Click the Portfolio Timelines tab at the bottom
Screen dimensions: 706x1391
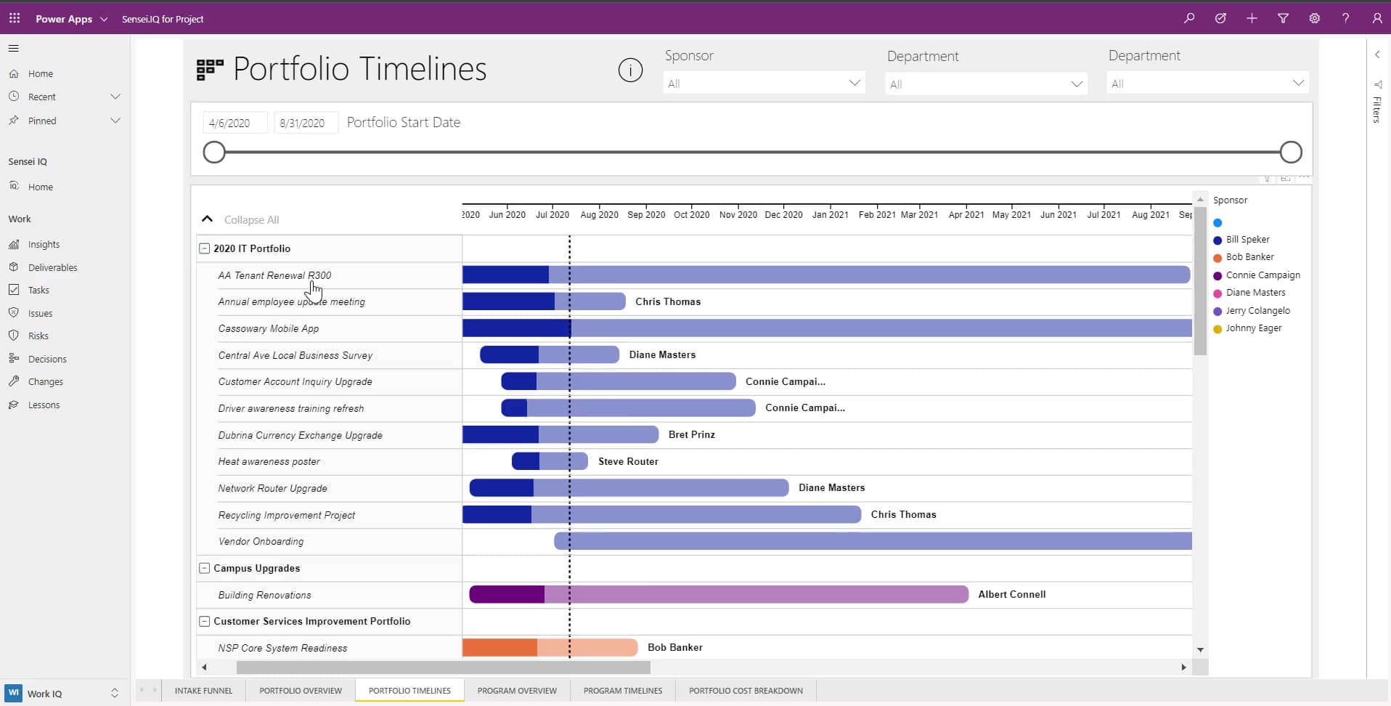coord(409,691)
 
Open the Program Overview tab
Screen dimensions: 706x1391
coord(517,691)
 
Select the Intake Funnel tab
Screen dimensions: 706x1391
coord(203,691)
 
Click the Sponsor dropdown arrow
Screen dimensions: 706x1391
coord(854,83)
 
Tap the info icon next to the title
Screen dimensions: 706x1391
coord(630,70)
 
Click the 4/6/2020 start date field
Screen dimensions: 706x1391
coord(234,123)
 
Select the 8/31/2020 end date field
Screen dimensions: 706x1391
coord(305,123)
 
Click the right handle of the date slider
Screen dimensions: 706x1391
coord(1291,153)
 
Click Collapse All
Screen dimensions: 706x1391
coord(251,219)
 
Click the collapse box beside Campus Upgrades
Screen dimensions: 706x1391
coord(204,568)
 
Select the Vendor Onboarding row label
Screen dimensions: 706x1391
coord(261,541)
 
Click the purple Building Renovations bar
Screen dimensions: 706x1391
coord(719,594)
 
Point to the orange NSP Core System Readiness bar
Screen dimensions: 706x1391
coord(550,647)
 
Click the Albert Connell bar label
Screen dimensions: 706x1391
coord(1011,594)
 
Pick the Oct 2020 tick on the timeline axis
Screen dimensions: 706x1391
coord(691,214)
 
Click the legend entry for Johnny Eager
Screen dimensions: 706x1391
coord(1253,328)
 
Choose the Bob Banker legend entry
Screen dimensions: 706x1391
coord(1249,257)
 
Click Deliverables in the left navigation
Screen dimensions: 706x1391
coord(52,267)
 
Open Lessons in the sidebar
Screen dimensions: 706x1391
coord(44,405)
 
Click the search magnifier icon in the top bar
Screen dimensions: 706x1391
coord(1189,18)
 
